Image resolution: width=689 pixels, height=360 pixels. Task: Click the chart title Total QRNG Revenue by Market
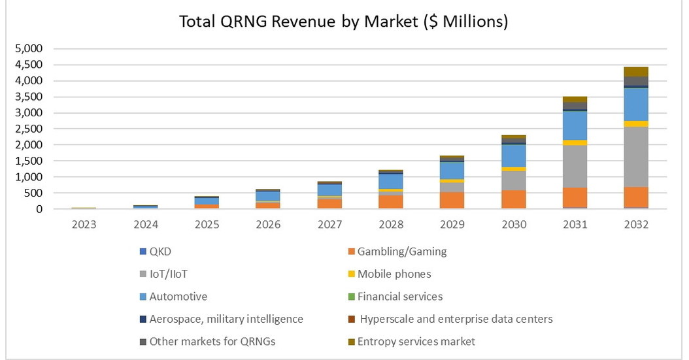point(344,22)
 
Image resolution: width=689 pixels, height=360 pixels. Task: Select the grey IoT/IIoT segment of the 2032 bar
point(635,157)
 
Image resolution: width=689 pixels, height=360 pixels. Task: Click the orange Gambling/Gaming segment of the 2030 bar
point(513,199)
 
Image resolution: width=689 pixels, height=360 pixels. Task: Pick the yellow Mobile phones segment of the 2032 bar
point(635,123)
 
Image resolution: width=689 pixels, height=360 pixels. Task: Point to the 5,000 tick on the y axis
point(28,49)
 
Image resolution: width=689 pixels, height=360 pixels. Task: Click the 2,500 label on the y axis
point(28,129)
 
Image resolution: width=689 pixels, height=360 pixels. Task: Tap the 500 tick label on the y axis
point(33,193)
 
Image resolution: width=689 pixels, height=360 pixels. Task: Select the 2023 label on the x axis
point(84,224)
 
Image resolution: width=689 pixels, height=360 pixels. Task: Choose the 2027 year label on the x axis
point(329,224)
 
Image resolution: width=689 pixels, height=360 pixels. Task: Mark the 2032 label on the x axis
point(635,224)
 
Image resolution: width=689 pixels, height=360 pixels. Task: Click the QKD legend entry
point(160,252)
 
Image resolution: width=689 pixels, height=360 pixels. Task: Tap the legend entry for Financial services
point(399,297)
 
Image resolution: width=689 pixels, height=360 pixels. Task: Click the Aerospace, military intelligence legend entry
point(226,319)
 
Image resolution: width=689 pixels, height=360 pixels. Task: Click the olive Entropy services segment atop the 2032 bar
point(635,71)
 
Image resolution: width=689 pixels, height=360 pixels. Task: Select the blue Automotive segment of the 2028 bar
point(390,181)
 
